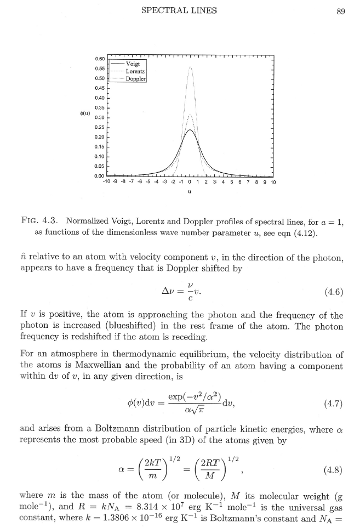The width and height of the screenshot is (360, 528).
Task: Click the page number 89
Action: (340, 10)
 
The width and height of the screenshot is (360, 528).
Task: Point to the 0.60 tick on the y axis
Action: (99, 59)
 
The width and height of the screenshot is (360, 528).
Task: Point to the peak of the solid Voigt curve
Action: (190, 130)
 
